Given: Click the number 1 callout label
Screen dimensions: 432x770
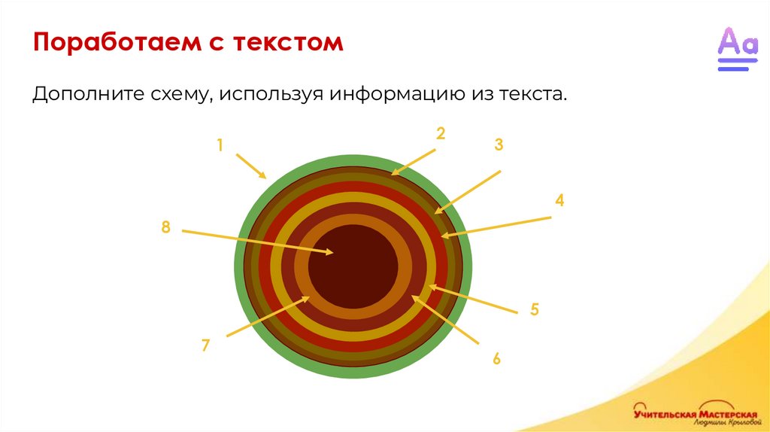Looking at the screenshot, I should (x=220, y=145).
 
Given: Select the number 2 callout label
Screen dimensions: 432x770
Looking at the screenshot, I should (x=441, y=134).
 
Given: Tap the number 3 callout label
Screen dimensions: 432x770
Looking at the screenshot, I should (x=498, y=145).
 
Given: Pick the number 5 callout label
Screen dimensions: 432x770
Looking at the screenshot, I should (x=535, y=309).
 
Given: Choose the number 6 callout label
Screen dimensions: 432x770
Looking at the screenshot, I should (x=496, y=358).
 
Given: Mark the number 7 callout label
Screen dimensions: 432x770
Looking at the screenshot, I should (x=205, y=345).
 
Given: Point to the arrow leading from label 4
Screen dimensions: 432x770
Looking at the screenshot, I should (x=496, y=227).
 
